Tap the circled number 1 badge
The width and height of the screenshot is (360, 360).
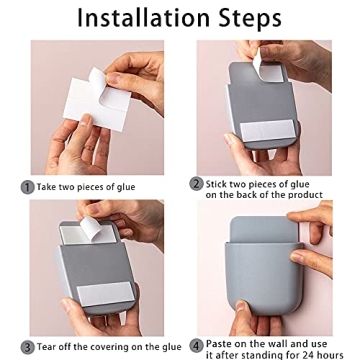pos(27,186)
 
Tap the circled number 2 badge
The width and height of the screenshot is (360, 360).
pos(197,184)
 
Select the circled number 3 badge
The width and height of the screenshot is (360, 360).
pos(27,347)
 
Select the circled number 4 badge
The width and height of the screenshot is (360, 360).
pos(197,344)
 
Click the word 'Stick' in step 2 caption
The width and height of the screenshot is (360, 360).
pos(219,183)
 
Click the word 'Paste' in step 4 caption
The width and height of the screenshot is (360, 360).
pos(221,343)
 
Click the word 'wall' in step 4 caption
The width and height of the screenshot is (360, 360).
pos(282,343)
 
